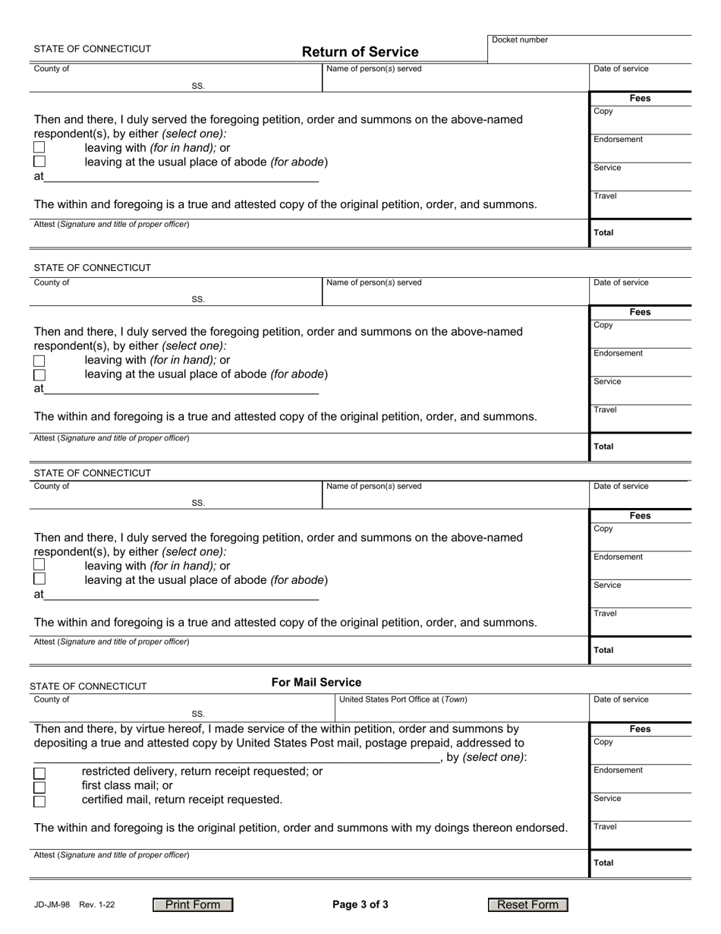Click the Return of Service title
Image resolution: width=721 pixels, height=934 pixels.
(x=360, y=52)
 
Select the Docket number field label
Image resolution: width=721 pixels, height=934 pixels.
(x=520, y=39)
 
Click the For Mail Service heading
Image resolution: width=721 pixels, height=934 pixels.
(x=316, y=682)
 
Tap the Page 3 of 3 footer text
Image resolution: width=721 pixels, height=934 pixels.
(x=360, y=904)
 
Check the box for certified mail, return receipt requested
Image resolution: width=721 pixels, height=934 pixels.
(x=39, y=801)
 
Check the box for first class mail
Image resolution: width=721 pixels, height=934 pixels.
(x=39, y=787)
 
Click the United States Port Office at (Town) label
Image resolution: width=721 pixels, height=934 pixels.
(x=403, y=699)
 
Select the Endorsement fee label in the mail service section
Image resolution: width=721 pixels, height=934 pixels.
(x=618, y=770)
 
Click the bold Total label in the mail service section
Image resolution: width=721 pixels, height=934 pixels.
(x=603, y=863)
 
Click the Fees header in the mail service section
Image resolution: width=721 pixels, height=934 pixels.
(x=640, y=729)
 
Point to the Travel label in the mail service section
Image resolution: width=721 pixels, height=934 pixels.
(x=605, y=826)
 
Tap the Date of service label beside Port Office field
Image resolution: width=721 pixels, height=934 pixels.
(x=621, y=699)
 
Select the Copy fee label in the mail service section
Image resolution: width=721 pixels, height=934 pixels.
(x=603, y=742)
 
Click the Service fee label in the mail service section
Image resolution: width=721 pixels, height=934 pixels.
(x=607, y=798)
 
